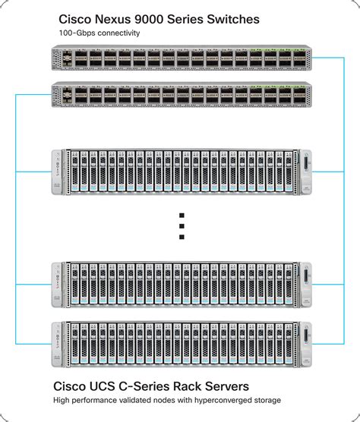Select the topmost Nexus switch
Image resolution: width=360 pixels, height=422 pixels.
182,57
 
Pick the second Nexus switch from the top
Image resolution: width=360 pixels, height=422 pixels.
182,94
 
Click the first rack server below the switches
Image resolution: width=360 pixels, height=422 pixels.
182,172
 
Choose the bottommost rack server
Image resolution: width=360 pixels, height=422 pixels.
182,345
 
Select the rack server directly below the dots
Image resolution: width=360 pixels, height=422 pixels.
182,285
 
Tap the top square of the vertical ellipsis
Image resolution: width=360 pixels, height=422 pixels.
182,215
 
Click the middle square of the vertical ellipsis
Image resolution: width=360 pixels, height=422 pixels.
182,226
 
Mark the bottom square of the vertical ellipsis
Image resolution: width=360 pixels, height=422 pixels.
182,238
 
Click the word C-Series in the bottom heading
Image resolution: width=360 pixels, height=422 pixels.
163,386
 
